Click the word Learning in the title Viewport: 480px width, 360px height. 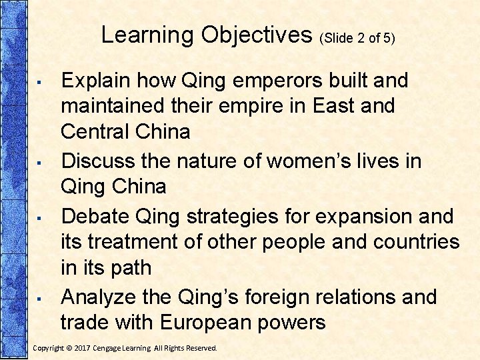[x=147, y=35]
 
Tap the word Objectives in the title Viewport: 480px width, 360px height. [x=256, y=35]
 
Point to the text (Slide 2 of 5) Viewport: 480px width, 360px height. [x=358, y=38]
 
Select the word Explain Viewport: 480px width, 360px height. [x=98, y=81]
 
